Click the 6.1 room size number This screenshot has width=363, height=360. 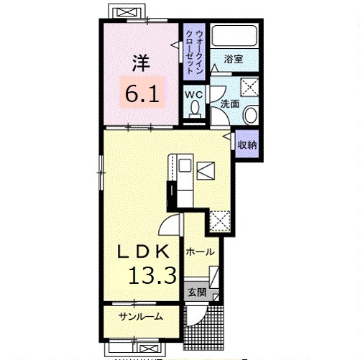pos(142,93)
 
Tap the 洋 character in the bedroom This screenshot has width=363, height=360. pos(142,63)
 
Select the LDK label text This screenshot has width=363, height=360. pos(143,251)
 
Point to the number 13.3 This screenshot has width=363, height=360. pos(153,275)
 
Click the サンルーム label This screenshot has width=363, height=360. pos(141,317)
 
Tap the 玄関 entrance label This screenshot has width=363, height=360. pos(197,292)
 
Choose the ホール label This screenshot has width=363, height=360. pos(201,251)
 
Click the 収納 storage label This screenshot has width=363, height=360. pos(247,144)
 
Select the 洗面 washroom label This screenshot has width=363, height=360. pos(230,103)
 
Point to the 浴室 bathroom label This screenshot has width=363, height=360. pos(234,59)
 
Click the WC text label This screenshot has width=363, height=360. pos(194,95)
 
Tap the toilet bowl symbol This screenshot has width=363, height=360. pos(195,109)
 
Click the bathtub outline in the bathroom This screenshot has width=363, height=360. pos(234,35)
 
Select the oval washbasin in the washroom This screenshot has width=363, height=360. pos(251,115)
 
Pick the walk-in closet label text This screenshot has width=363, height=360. pos(194,52)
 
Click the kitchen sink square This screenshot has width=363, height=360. pos(185,165)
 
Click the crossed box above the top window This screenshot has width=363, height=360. pos(127,12)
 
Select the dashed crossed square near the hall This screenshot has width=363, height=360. pos(220,221)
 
